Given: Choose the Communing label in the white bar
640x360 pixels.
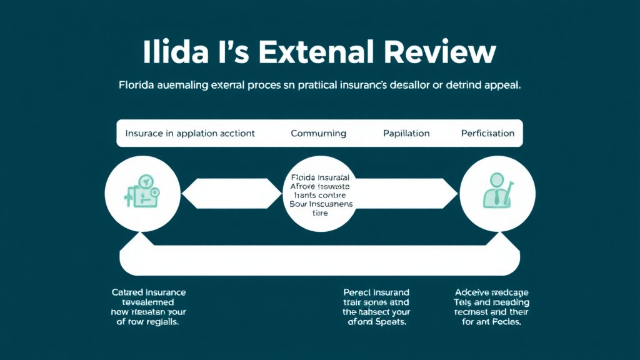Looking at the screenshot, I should (x=318, y=133).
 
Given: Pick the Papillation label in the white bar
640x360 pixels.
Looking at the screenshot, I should (x=406, y=133).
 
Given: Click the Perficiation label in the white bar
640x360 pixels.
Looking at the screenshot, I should (x=487, y=133).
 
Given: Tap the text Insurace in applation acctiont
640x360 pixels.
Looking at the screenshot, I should (x=190, y=133).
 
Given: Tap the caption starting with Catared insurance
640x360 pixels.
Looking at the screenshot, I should (x=149, y=307).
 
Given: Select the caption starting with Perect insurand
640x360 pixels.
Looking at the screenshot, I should (x=376, y=307).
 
